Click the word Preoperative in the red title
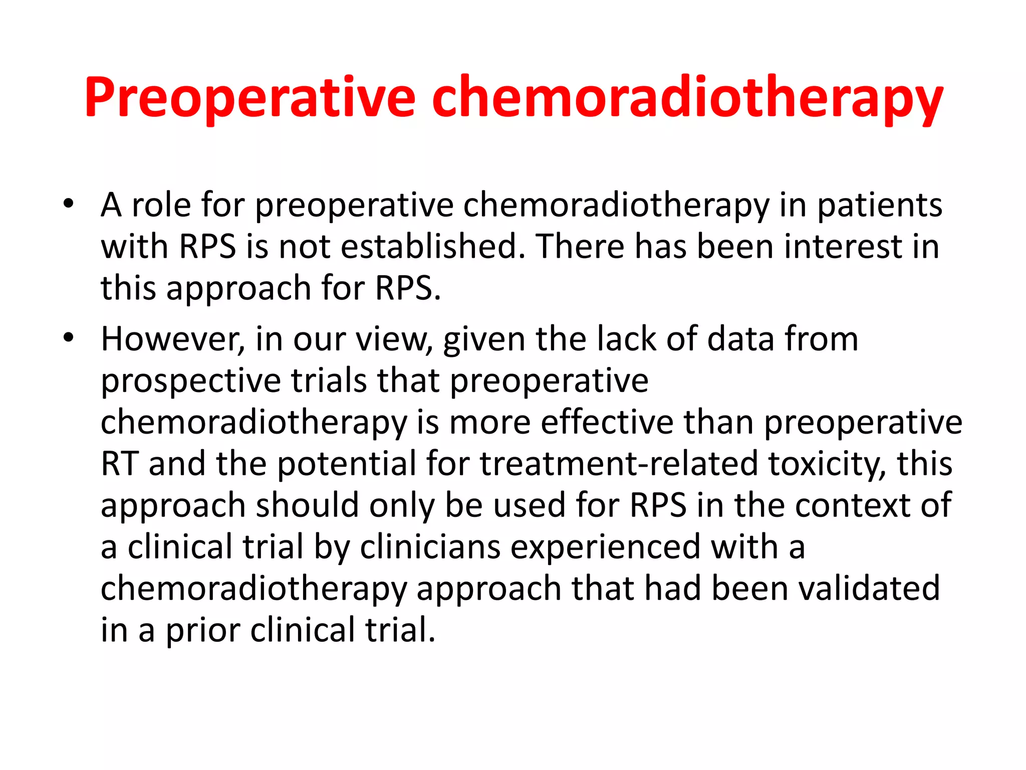249,98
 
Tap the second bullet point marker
69,338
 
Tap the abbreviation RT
119,464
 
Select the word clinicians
430,546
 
